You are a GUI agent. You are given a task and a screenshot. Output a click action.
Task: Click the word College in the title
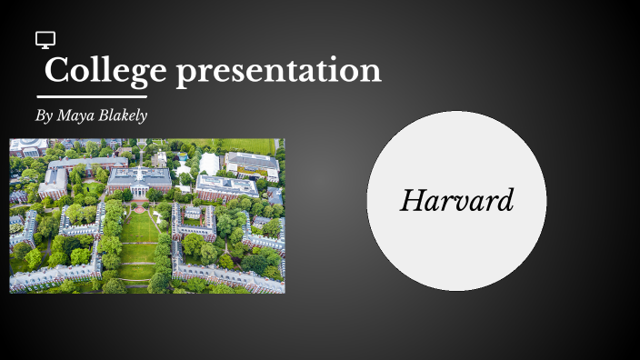pyautogui.click(x=106, y=70)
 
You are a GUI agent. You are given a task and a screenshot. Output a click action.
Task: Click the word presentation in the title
pyautogui.click(x=278, y=71)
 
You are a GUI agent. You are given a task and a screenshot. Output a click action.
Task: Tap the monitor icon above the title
pyautogui.click(x=45, y=39)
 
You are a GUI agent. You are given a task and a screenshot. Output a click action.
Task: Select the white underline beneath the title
pyautogui.click(x=92, y=96)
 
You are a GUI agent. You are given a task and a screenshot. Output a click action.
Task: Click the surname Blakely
pyautogui.click(x=125, y=115)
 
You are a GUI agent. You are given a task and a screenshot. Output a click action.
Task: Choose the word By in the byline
pyautogui.click(x=44, y=115)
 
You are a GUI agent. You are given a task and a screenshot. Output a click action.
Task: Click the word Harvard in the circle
pyautogui.click(x=456, y=200)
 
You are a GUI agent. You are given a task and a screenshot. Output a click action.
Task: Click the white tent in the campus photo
pyautogui.click(x=209, y=164)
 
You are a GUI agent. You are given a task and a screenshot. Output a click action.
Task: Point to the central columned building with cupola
pyautogui.click(x=139, y=181)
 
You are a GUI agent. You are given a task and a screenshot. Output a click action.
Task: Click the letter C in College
pyautogui.click(x=57, y=70)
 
